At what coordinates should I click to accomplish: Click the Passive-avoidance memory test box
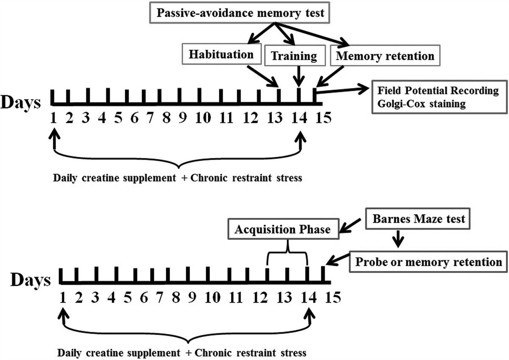240,12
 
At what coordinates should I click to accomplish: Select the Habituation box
221,54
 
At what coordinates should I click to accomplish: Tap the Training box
294,56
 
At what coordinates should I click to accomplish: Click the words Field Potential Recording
438,91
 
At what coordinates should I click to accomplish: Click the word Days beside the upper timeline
21,103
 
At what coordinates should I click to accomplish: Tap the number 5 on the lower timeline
127,297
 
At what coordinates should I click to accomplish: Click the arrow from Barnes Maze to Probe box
398,240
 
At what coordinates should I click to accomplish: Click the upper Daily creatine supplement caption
178,178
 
